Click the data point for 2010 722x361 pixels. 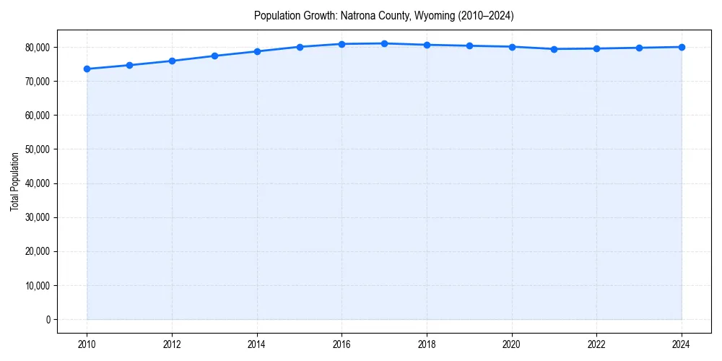coord(87,69)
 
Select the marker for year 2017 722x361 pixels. coord(384,43)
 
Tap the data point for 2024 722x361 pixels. coord(682,47)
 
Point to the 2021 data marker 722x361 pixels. coord(554,49)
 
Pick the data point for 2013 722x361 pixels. coord(214,56)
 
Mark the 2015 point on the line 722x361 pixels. coord(300,47)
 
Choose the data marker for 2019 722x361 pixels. coord(469,45)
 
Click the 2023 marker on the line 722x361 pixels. coord(639,48)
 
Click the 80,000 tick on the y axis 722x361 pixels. coord(38,48)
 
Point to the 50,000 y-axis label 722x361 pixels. coord(38,149)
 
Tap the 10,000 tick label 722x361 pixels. coord(38,286)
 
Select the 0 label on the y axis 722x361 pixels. coord(48,320)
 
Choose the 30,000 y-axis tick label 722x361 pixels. coord(38,217)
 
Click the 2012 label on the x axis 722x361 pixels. coord(172,344)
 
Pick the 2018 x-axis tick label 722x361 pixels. coord(427,344)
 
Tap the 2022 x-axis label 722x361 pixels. coord(596,344)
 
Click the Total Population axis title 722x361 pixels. coord(15,181)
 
